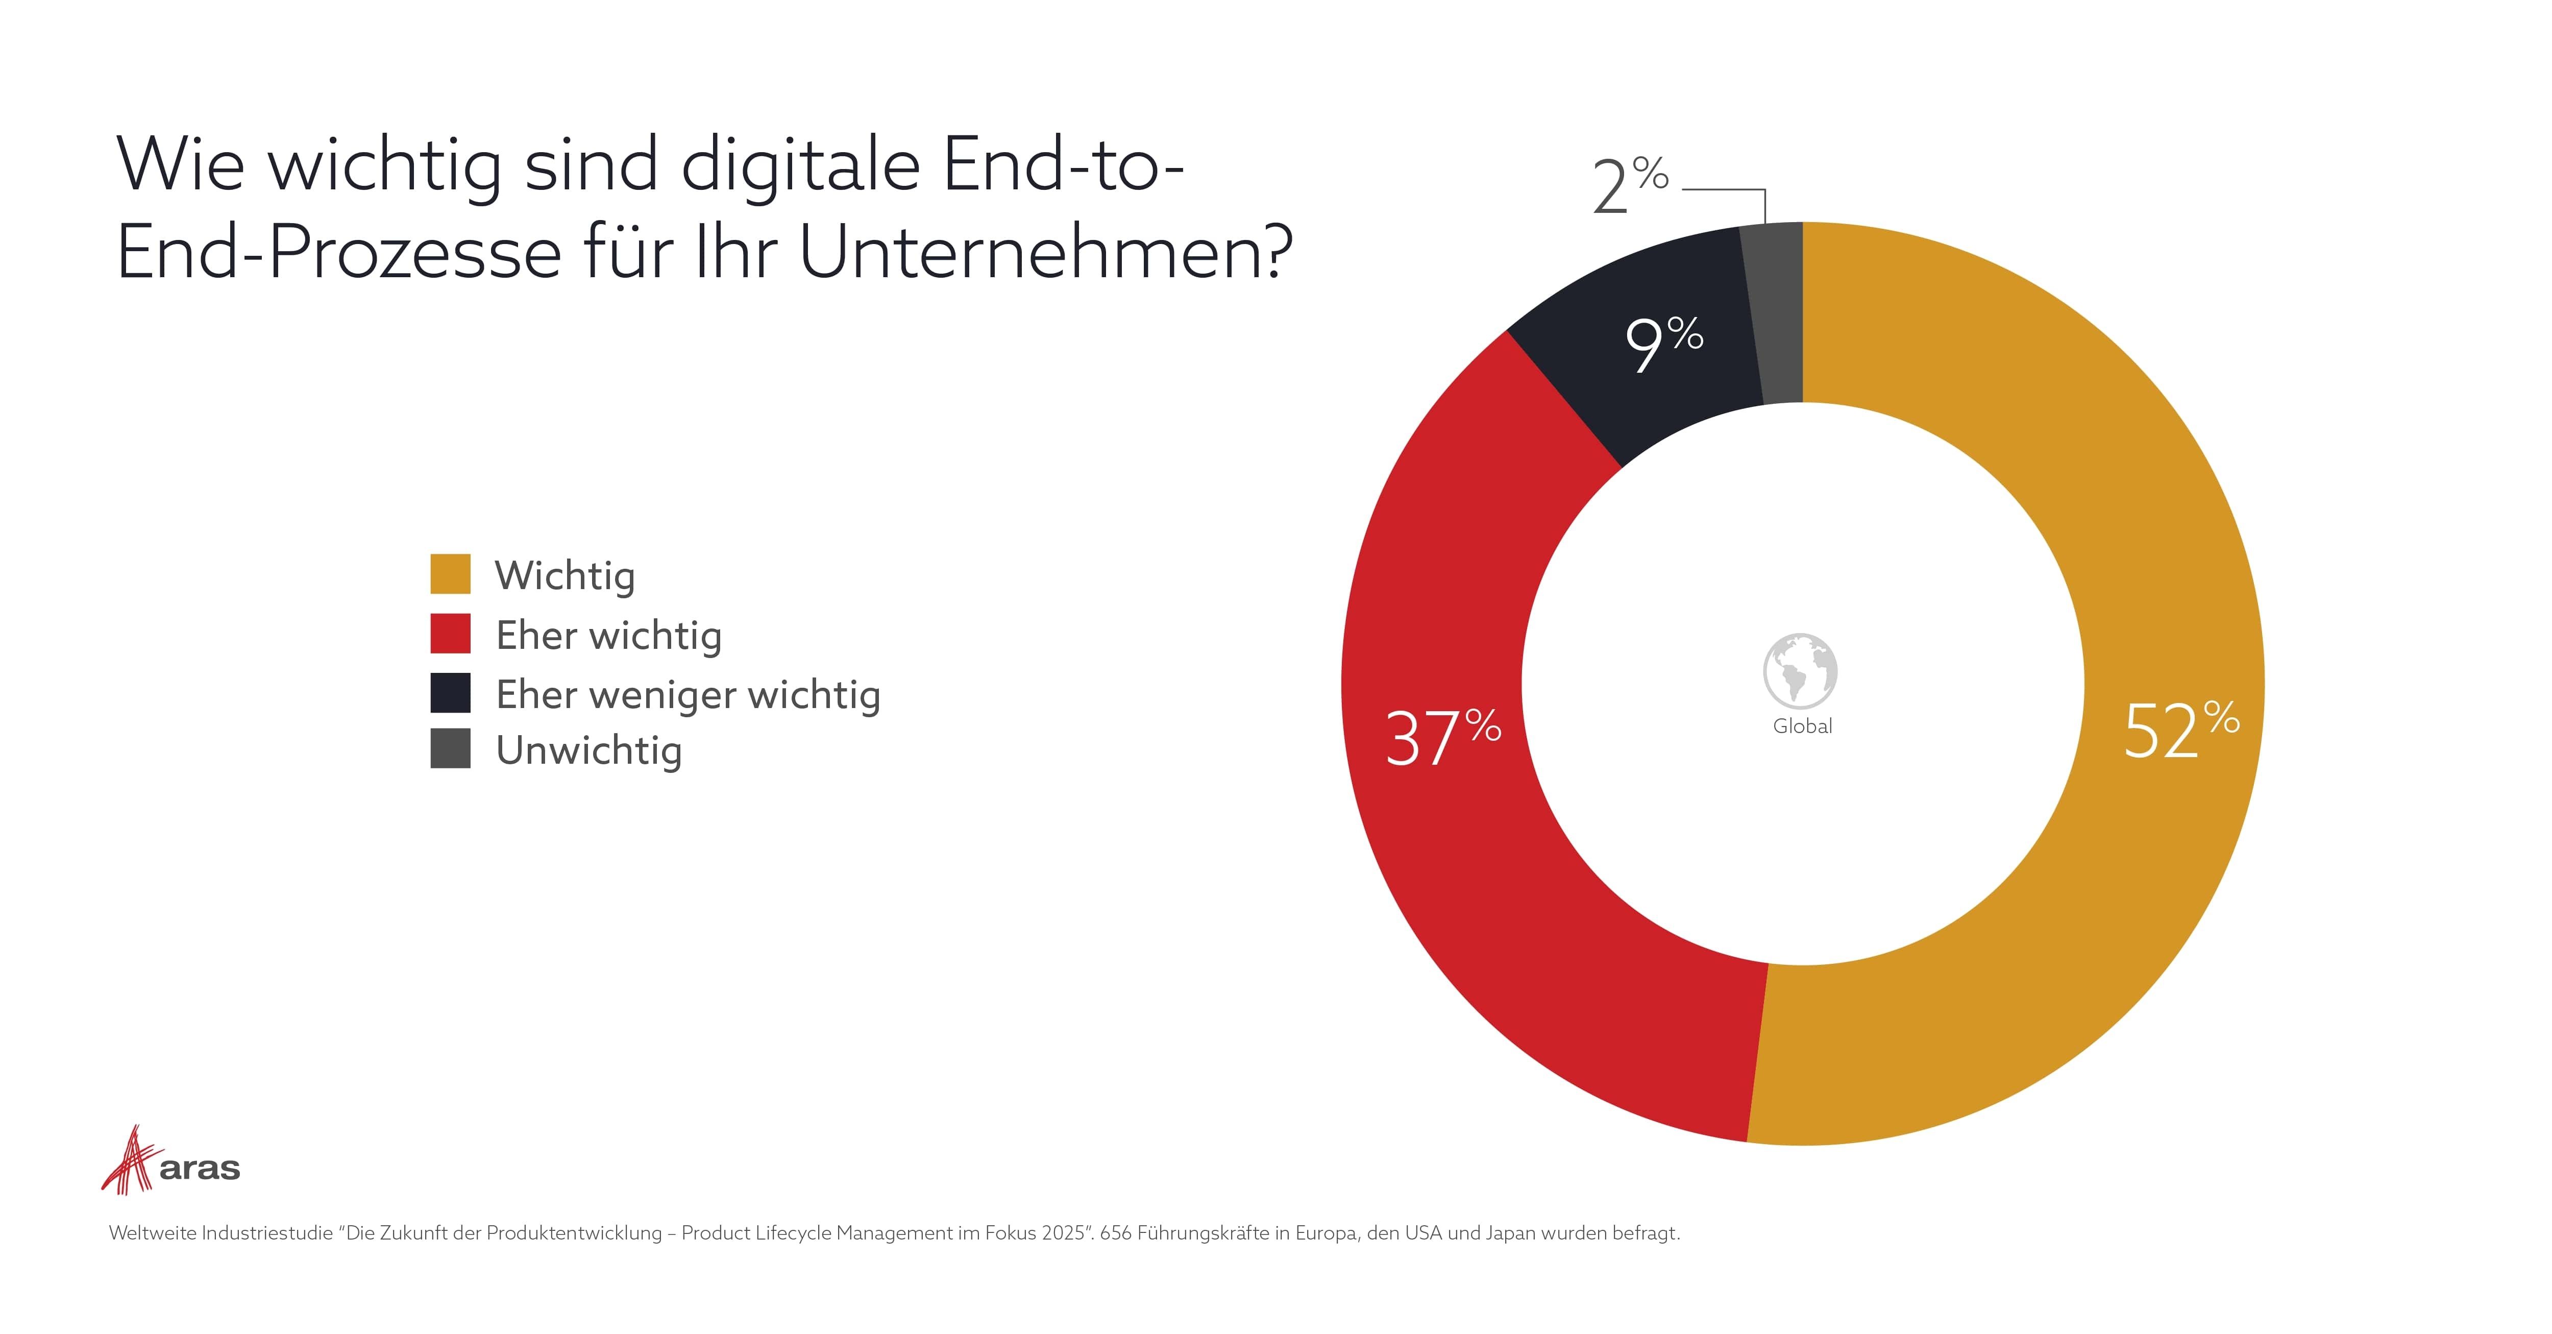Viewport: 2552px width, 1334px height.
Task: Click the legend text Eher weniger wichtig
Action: pyautogui.click(x=688, y=695)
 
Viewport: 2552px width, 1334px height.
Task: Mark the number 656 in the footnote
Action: pyautogui.click(x=1116, y=1233)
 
